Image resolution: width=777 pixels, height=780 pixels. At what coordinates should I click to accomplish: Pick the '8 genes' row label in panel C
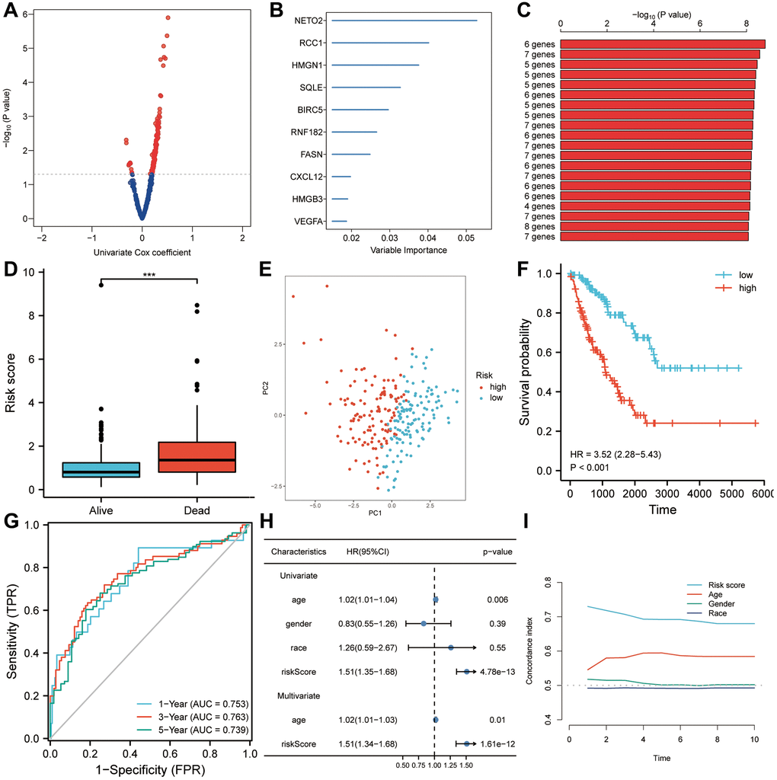pos(538,226)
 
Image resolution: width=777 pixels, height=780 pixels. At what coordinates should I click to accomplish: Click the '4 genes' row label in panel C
pos(538,206)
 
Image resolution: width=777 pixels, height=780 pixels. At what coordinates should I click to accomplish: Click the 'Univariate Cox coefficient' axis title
pos(142,251)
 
